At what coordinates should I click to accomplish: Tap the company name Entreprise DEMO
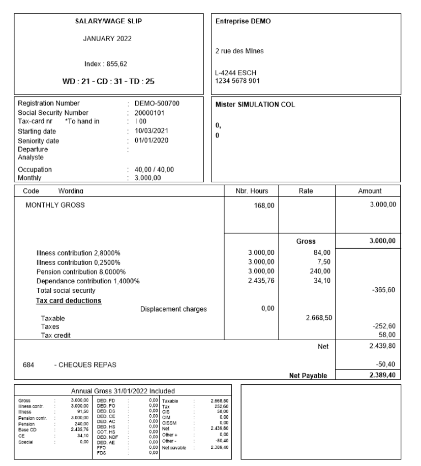[244, 21]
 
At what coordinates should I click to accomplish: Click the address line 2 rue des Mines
[240, 51]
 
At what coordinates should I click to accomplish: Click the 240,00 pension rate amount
[320, 272]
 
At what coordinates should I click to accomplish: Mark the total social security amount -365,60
[385, 291]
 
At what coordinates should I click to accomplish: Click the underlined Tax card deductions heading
[69, 301]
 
